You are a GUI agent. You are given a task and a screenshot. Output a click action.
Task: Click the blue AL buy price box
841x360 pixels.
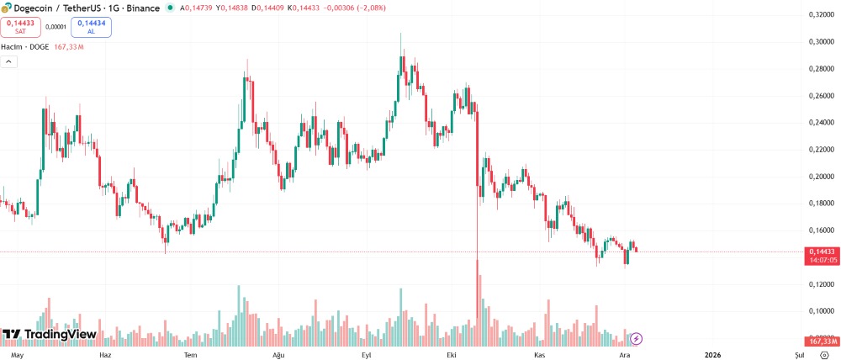[91, 26]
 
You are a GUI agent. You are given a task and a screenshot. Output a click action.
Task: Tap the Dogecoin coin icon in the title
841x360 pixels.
[6, 8]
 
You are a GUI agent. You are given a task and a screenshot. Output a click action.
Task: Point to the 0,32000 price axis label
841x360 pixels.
[821, 15]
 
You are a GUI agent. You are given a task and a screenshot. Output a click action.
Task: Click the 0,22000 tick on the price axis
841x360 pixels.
[821, 150]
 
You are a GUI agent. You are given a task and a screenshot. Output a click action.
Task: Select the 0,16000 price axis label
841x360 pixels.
[821, 230]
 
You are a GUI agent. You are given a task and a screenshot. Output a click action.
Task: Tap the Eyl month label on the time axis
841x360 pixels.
[367, 356]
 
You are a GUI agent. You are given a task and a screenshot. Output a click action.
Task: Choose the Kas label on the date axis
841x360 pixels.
[540, 356]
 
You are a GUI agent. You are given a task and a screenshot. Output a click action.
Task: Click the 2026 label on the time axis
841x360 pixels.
[712, 356]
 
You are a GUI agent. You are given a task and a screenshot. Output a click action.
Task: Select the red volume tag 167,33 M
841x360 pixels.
[822, 341]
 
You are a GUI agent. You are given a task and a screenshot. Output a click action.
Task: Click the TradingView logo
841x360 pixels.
[49, 335]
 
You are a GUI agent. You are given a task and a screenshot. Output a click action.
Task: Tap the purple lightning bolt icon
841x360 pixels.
[637, 338]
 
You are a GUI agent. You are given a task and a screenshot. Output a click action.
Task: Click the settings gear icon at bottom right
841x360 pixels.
[824, 356]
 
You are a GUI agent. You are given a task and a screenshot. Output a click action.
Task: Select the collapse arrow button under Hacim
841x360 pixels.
[9, 61]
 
